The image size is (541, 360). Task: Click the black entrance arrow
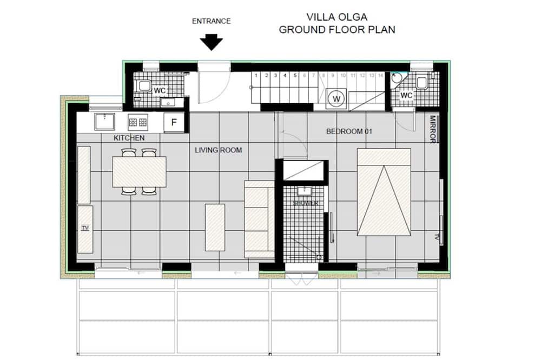coord(212,42)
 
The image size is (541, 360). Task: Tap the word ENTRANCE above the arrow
coord(211,21)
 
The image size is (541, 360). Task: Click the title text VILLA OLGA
coord(337,17)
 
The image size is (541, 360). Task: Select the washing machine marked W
coord(337,98)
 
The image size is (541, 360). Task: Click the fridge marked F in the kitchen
coord(174,122)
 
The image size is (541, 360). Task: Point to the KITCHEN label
coord(129,138)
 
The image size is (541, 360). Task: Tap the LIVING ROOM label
coord(218,150)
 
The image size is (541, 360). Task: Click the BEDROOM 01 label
coord(349,131)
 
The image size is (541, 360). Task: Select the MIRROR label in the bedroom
coord(433,129)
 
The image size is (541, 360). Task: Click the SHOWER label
coord(306,203)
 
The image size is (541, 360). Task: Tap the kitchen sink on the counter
coord(104,122)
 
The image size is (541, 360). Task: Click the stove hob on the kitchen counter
coord(137,122)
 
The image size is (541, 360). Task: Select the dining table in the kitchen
coord(139,172)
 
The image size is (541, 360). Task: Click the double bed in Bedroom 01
coord(384,192)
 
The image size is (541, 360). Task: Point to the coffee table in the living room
coord(215,227)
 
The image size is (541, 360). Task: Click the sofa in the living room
coord(259,219)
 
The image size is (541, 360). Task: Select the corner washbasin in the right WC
coord(397,78)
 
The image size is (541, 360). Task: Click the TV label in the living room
coord(85,228)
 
